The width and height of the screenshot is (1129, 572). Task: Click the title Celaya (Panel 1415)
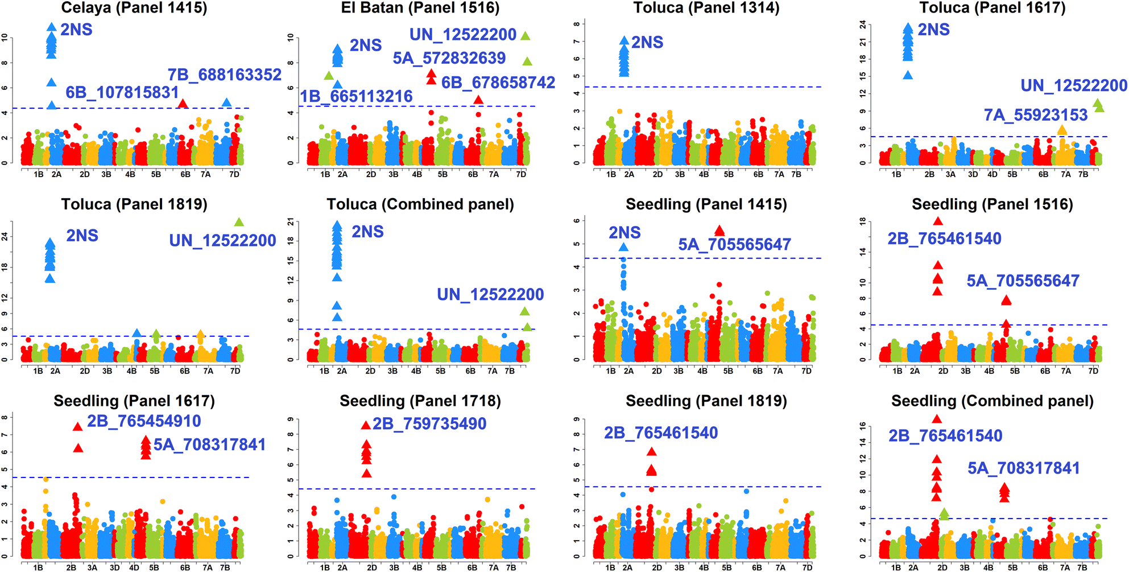tap(134, 8)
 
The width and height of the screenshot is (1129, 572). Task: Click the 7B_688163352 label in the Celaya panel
tap(224, 75)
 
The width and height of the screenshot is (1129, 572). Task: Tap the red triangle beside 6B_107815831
tap(183, 104)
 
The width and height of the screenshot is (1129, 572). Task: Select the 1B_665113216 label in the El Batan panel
tap(356, 96)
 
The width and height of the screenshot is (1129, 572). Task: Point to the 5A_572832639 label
tap(449, 58)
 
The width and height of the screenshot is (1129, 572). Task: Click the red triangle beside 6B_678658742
tap(478, 100)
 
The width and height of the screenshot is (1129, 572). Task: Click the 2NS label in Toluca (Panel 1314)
tap(647, 43)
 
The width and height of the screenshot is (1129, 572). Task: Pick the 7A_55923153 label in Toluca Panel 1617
tap(1036, 115)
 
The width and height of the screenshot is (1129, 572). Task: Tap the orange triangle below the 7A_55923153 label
tap(1061, 130)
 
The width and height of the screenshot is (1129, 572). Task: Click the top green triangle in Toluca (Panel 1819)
tap(239, 222)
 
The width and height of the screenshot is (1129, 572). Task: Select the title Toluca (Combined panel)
tap(420, 204)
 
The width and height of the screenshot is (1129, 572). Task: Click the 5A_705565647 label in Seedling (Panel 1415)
tap(734, 245)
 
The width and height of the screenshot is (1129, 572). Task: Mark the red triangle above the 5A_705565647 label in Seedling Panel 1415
tap(719, 231)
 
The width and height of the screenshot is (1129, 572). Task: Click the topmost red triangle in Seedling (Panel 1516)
tap(938, 221)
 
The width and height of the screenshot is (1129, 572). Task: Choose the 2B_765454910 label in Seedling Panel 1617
tap(144, 421)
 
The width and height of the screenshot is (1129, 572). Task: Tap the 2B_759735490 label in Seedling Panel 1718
tap(429, 424)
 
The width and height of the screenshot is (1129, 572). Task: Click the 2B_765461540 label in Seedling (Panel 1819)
tap(661, 433)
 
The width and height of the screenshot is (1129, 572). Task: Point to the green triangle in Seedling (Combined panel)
tap(944, 514)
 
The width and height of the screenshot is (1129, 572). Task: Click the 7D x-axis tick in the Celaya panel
tap(234, 174)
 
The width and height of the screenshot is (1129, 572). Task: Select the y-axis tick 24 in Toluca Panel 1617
tap(863, 24)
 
